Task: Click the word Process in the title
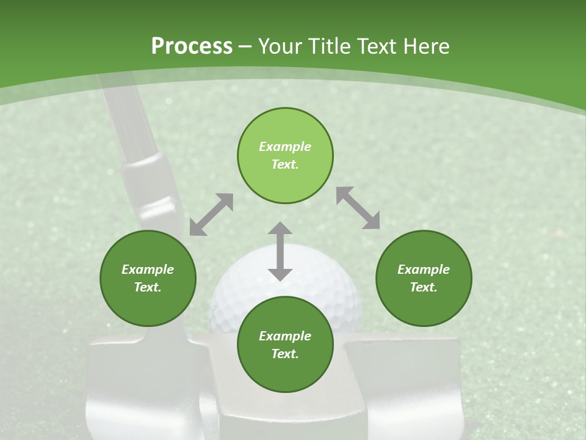click(x=192, y=46)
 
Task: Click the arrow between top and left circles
click(x=211, y=215)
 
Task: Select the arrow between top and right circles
click(x=358, y=208)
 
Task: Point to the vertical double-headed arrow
click(x=280, y=251)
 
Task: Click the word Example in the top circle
click(x=285, y=147)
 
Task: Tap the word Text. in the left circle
click(x=148, y=287)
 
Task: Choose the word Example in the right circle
click(x=424, y=269)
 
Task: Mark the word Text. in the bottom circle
click(x=285, y=354)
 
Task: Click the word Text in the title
click(x=376, y=46)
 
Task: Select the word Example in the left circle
click(x=148, y=269)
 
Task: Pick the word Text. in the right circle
click(x=424, y=287)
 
